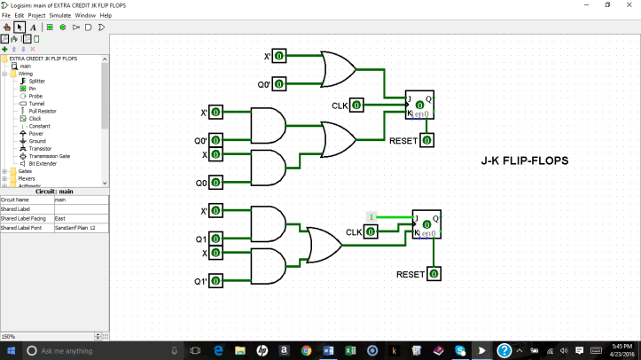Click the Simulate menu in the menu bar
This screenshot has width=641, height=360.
(60, 15)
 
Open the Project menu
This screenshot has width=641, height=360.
(36, 15)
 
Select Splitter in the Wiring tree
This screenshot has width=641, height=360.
(37, 81)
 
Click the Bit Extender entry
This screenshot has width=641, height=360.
(42, 163)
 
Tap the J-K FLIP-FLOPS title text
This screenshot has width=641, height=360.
(525, 160)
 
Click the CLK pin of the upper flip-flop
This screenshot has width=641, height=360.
(356, 106)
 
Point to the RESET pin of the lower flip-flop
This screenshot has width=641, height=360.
(434, 274)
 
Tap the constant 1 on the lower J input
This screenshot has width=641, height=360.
(372, 216)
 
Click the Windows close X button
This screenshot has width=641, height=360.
(629, 5)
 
